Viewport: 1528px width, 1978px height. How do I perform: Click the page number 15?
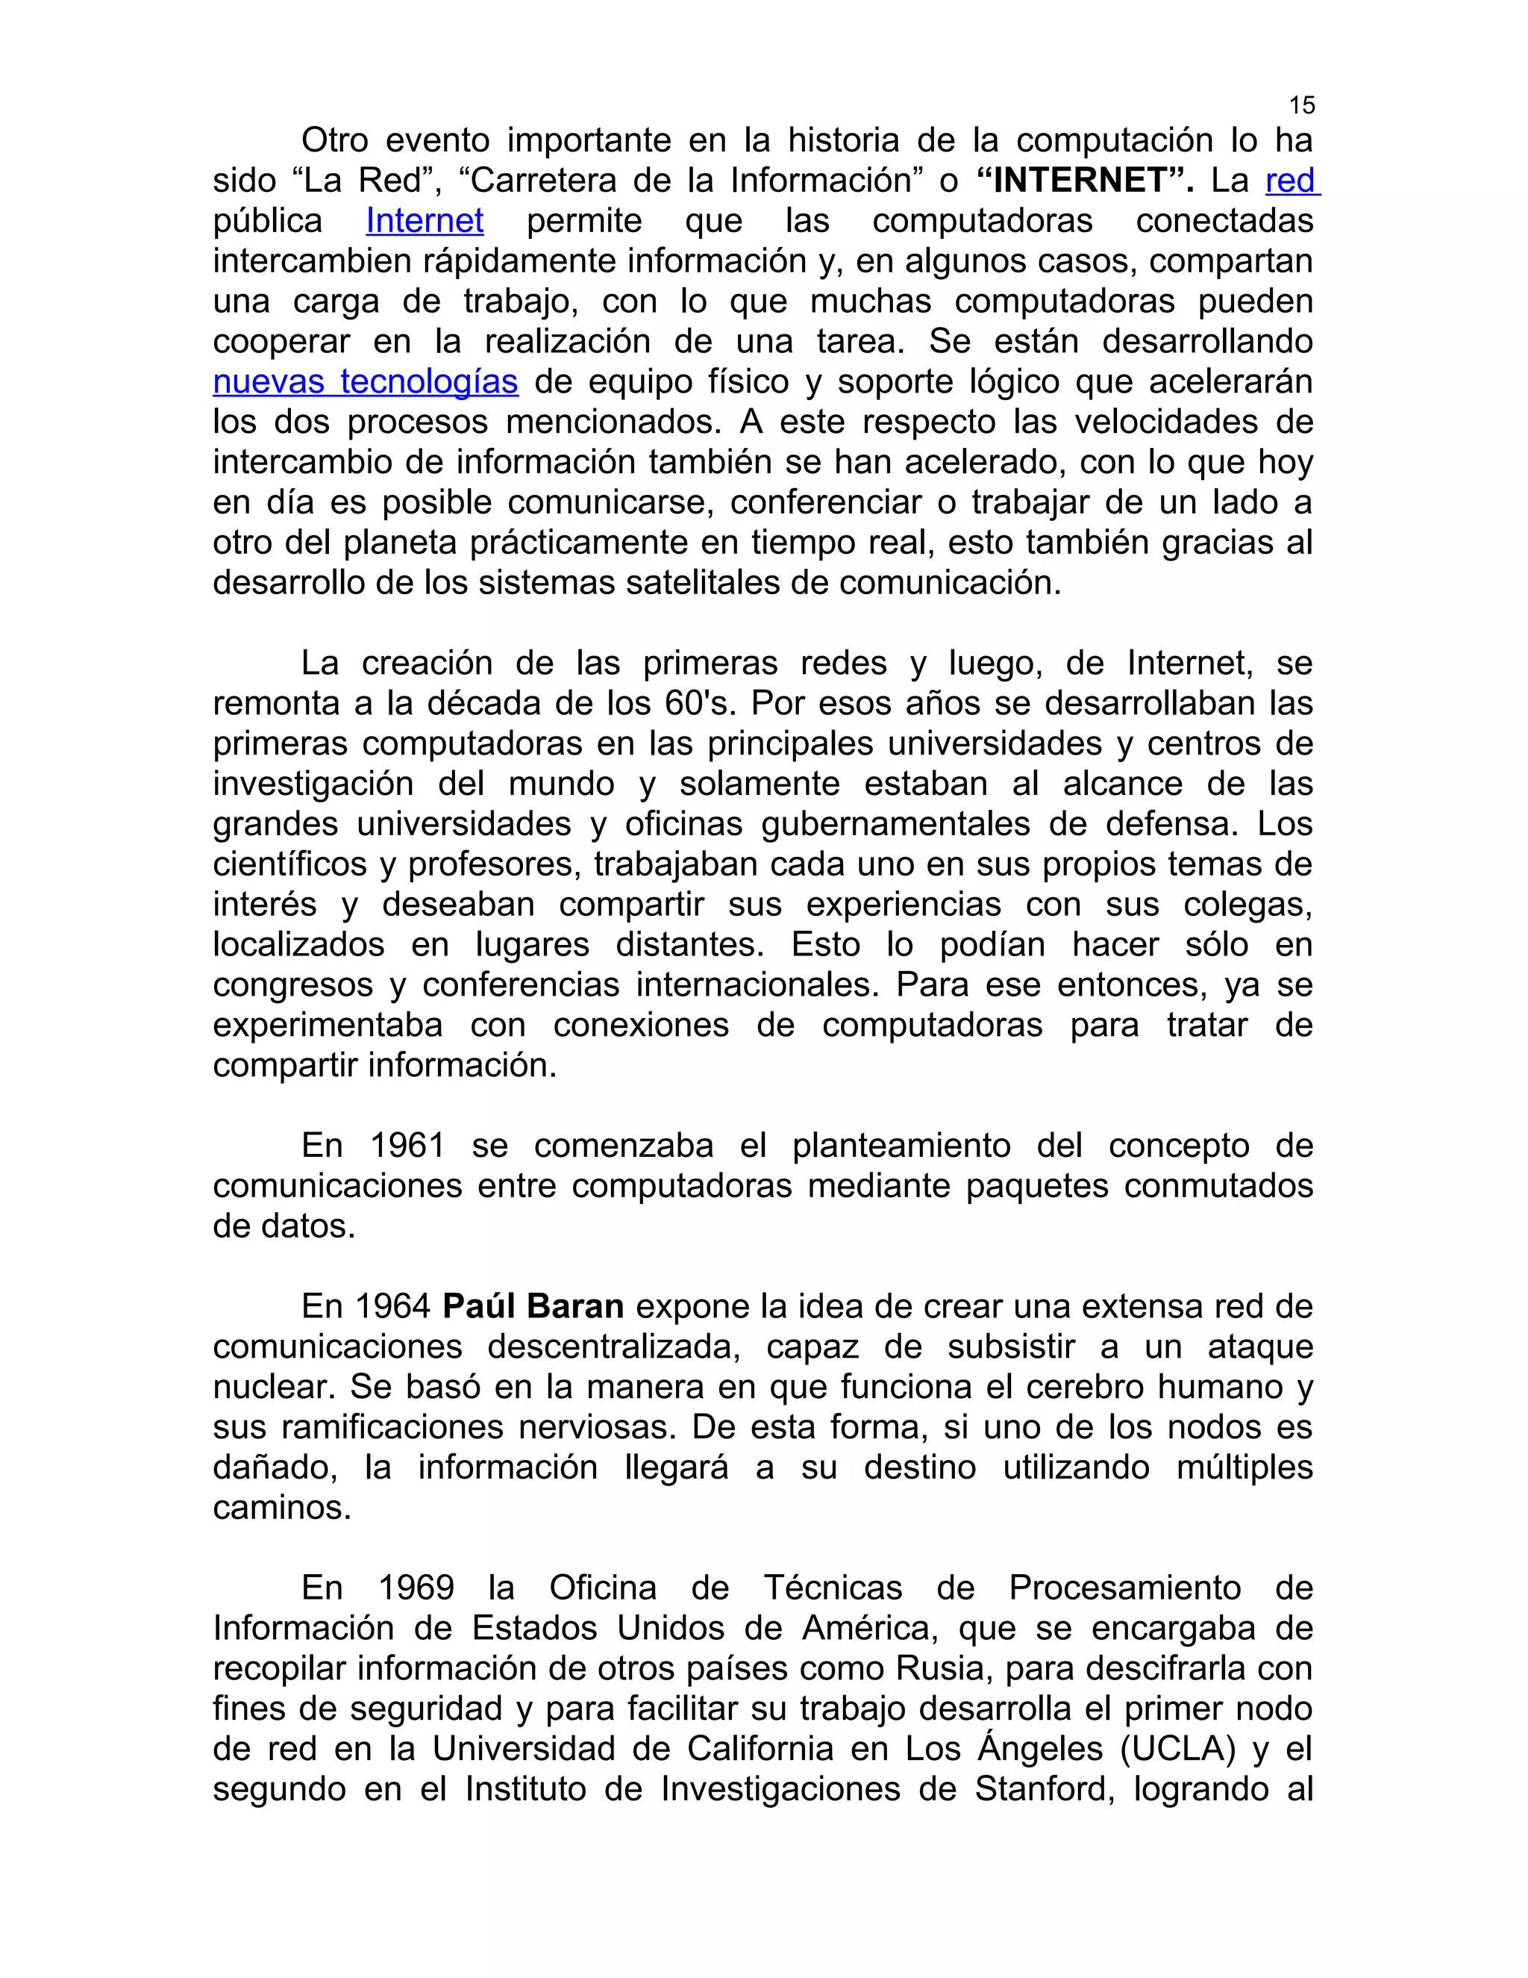[1300, 106]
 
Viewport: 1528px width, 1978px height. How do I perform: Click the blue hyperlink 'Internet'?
[425, 221]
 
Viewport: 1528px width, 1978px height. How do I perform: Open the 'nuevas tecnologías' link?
[366, 382]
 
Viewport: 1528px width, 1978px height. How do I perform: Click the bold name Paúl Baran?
[533, 1307]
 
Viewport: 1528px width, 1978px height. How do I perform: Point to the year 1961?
[407, 1146]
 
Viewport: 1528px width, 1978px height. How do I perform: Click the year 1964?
[392, 1307]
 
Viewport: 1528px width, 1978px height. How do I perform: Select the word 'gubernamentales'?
[895, 824]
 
